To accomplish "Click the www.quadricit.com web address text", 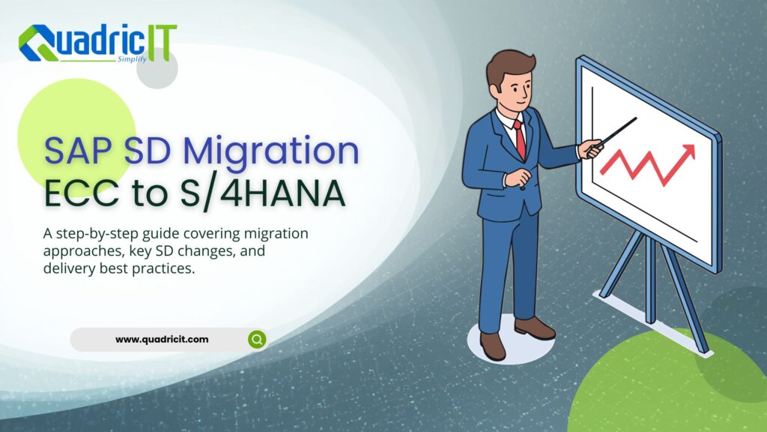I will point(162,339).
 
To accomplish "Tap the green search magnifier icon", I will point(257,340).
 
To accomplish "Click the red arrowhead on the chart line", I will point(688,152).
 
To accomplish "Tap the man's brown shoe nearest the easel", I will point(535,328).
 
